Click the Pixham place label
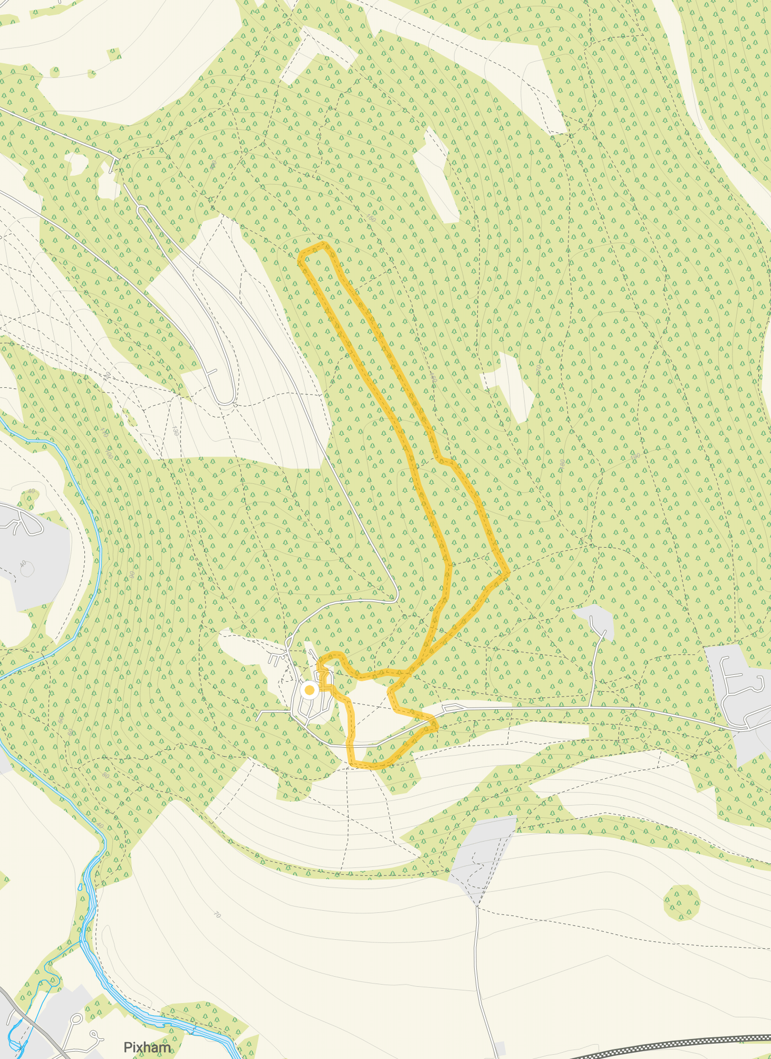tap(147, 1047)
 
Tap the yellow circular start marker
tap(310, 690)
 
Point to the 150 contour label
tap(371, 218)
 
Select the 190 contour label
tap(635, 456)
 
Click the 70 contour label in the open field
tap(217, 915)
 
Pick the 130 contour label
tap(175, 431)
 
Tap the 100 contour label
tap(109, 454)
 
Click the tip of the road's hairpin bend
tap(226, 404)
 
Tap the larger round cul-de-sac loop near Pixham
tap(75, 1019)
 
